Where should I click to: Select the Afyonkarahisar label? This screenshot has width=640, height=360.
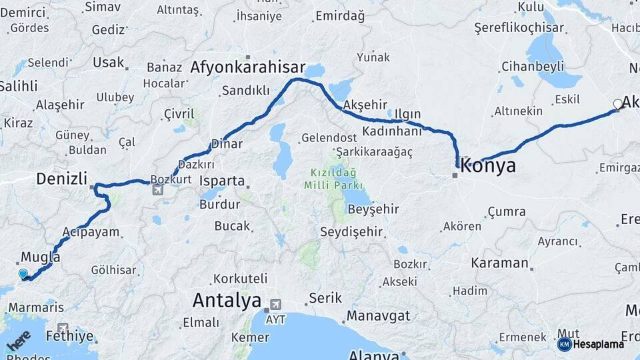[247, 67]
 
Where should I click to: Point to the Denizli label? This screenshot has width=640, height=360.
[62, 178]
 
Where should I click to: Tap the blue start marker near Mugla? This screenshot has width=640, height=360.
[23, 273]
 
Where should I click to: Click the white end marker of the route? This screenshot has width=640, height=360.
[617, 104]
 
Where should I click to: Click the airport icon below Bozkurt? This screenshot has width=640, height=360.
[157, 190]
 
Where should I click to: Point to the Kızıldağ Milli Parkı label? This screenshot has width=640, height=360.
[333, 178]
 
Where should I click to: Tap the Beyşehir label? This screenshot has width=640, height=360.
[373, 209]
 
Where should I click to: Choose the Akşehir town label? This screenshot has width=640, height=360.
[365, 105]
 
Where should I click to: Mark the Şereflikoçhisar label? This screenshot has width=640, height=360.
[519, 28]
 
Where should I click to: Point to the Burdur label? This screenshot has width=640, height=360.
[215, 204]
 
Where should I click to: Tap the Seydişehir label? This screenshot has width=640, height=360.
[351, 232]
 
